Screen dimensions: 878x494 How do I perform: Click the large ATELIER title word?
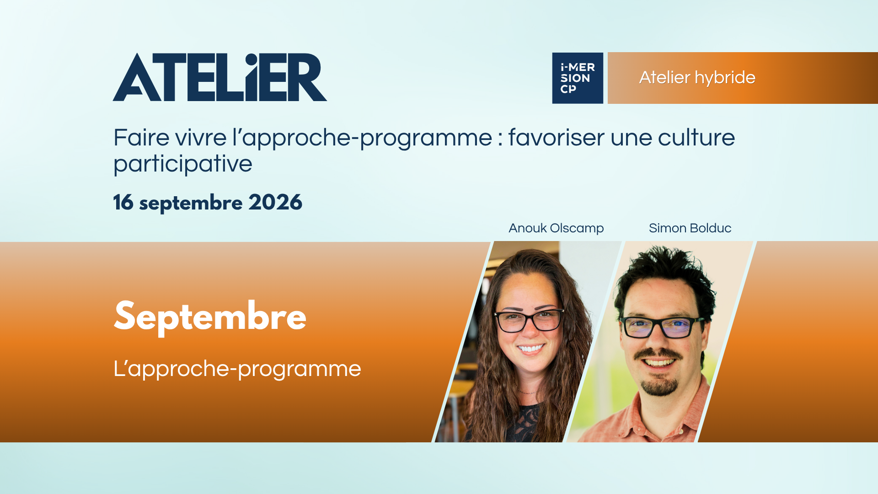tap(219, 77)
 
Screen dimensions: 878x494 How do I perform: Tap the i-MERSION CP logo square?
tap(578, 78)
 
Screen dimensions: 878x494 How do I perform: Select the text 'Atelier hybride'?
tap(697, 78)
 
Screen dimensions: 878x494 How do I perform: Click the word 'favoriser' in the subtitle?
tap(556, 137)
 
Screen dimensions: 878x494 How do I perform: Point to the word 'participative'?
tap(183, 164)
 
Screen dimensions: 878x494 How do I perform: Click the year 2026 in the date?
tap(275, 202)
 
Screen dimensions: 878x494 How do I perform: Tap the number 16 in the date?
tap(123, 202)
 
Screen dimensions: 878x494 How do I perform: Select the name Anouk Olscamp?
tap(556, 228)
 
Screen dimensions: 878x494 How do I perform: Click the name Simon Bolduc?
tap(690, 228)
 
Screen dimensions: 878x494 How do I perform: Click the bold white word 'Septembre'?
tap(210, 317)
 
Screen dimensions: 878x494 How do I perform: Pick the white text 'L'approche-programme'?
tap(237, 369)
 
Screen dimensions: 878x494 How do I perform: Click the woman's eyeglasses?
tap(530, 320)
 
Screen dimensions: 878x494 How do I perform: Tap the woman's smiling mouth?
tap(531, 349)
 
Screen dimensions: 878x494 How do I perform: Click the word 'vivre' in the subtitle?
tap(201, 137)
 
